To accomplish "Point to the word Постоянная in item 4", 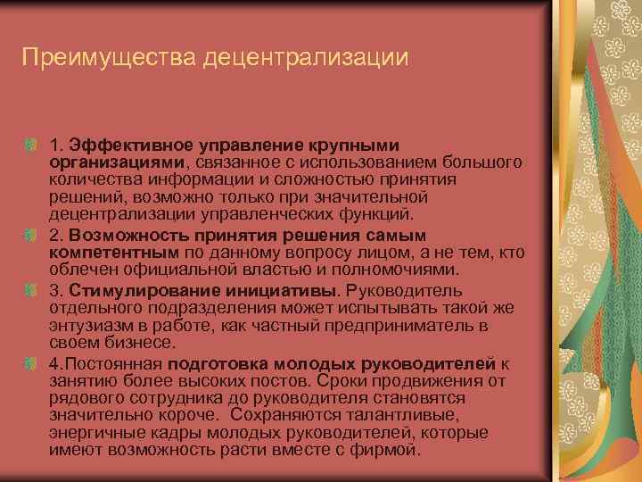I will [x=106, y=364].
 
